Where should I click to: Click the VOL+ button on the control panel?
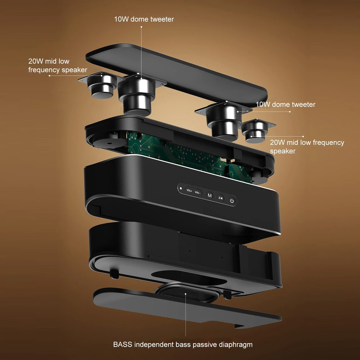click(189, 190)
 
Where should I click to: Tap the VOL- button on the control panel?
click(197, 192)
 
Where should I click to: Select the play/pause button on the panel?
click(220, 198)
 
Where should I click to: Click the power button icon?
click(232, 201)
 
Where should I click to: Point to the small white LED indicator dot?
click(181, 189)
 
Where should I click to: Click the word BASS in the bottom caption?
click(123, 345)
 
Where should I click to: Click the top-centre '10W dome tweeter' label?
click(144, 19)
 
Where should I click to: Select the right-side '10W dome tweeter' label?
click(285, 104)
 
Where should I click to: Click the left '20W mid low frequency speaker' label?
click(58, 66)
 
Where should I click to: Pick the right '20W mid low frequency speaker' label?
click(307, 147)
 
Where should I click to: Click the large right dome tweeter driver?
click(224, 120)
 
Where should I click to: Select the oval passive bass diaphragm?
click(188, 292)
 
